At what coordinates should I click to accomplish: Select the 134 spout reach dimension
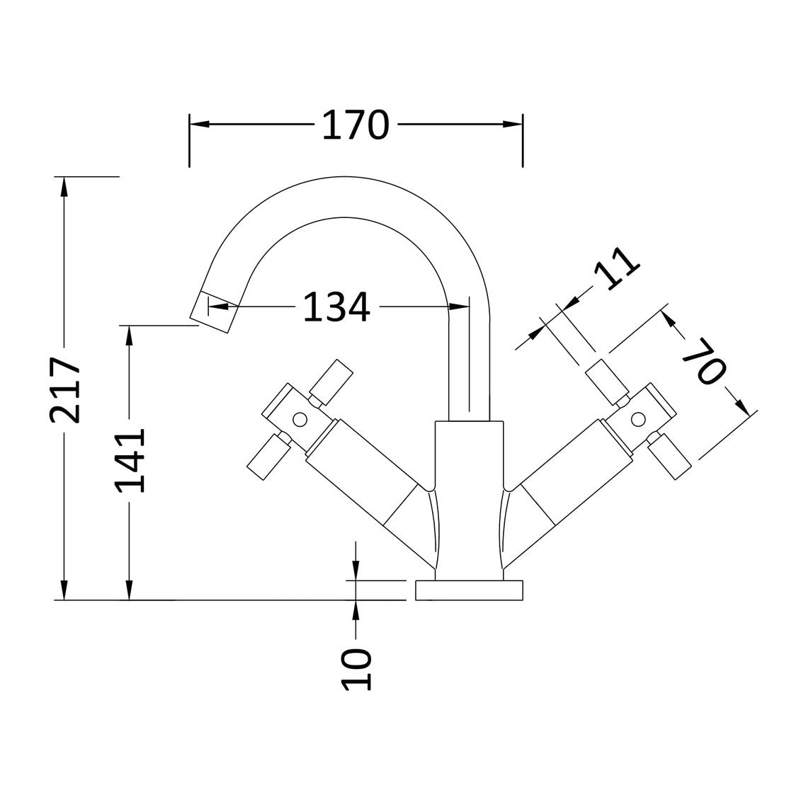(x=336, y=307)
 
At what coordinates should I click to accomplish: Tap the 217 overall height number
(x=65, y=390)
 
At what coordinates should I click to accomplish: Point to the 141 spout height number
(x=130, y=460)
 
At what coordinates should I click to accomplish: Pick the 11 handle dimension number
(x=615, y=266)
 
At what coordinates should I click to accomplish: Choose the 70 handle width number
(x=704, y=361)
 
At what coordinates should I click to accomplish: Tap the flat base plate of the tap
(x=468, y=590)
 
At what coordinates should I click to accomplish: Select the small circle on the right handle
(x=638, y=418)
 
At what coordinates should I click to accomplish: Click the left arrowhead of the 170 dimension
(x=199, y=125)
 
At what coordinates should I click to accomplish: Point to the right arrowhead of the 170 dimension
(x=513, y=125)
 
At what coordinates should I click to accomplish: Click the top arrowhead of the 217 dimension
(x=64, y=186)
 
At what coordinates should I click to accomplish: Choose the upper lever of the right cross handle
(x=607, y=379)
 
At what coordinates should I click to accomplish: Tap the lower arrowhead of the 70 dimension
(x=740, y=406)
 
